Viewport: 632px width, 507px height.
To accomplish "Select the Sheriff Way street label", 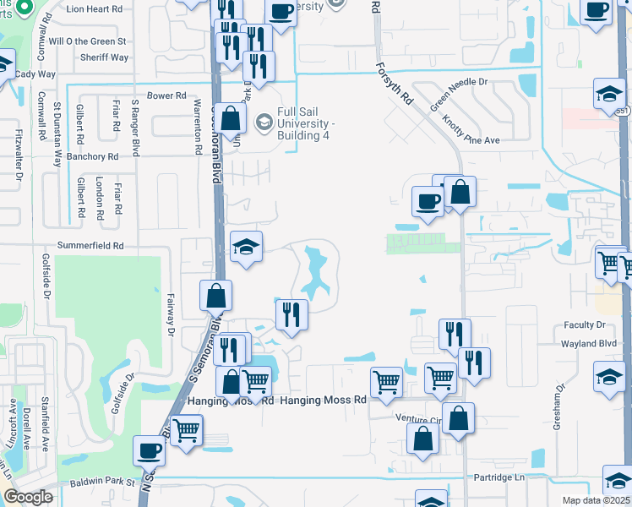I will tap(106, 57).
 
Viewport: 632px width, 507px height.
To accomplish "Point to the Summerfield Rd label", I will tap(90, 246).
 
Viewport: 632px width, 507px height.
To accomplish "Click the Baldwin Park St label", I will tap(103, 482).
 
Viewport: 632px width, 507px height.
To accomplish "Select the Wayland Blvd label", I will tap(590, 344).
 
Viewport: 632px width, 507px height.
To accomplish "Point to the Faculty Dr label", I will tap(585, 324).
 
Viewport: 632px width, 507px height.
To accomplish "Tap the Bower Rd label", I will tap(166, 96).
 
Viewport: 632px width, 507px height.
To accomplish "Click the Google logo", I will tap(27, 497).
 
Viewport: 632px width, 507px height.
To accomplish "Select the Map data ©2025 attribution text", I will tap(596, 500).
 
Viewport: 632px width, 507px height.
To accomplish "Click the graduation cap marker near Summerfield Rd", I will tap(247, 247).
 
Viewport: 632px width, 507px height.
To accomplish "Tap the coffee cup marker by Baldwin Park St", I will tap(149, 450).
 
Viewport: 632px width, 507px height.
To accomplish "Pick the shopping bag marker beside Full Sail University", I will tap(230, 119).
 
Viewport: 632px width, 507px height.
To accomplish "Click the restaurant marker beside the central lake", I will tap(291, 314).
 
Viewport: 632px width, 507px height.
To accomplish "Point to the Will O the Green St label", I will tap(88, 41).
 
